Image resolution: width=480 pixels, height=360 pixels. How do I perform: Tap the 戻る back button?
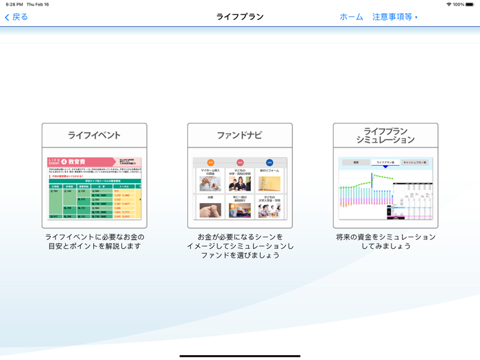click(16, 17)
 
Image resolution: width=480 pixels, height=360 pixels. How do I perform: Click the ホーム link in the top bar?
click(351, 17)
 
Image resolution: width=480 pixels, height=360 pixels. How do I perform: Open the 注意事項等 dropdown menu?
click(395, 17)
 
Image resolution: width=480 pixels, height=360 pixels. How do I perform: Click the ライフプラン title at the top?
click(240, 17)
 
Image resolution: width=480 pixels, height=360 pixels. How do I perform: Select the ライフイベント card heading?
click(94, 135)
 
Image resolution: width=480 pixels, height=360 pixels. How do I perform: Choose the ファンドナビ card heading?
click(240, 135)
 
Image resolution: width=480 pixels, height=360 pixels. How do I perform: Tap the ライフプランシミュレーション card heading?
click(385, 135)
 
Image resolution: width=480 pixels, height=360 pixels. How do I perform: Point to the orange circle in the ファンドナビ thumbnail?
click(211, 163)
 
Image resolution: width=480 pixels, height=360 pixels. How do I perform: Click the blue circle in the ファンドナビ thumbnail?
click(269, 163)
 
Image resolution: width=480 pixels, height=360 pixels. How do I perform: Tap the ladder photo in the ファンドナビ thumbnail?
click(269, 184)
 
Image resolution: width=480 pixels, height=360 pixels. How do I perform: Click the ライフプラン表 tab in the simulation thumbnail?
click(385, 163)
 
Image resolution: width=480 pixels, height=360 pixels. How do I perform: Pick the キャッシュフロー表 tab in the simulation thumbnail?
click(415, 163)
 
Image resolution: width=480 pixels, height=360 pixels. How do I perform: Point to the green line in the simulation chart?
click(384, 177)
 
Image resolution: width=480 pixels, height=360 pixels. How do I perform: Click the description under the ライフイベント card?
click(94, 241)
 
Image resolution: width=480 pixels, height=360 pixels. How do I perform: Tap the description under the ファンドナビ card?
click(240, 246)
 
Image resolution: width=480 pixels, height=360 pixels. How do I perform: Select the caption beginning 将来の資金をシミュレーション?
click(385, 241)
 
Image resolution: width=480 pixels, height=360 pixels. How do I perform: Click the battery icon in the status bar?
click(470, 4)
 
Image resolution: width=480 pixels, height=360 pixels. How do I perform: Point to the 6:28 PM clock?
click(14, 4)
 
